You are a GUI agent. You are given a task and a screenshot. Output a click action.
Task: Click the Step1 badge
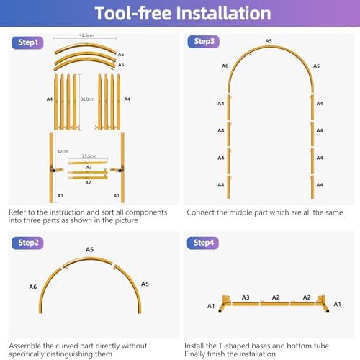coord(27,42)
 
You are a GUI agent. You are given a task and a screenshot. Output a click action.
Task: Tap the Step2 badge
coord(27,243)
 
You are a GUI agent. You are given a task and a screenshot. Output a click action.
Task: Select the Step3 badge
coord(204,42)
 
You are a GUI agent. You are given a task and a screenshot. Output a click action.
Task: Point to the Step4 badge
coord(203,243)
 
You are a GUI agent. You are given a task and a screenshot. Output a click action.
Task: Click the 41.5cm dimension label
coord(86,35)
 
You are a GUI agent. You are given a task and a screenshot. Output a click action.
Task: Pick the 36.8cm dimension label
coord(87,99)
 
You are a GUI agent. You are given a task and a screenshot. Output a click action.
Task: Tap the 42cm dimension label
coord(63,151)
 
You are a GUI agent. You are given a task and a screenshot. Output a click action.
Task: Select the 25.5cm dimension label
coord(89,156)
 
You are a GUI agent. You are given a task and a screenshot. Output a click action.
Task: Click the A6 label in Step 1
coord(121,55)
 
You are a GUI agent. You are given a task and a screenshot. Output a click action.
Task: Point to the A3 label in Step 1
coord(89,167)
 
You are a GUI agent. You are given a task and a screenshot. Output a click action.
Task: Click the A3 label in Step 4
coord(246,297)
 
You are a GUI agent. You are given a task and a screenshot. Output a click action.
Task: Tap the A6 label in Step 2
coord(33,287)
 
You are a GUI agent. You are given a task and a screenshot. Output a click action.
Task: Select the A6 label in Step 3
coord(225,66)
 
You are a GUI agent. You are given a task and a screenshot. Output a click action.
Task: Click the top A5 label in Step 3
coord(269,41)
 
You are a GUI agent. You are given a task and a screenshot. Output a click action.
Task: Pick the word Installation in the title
coord(223,13)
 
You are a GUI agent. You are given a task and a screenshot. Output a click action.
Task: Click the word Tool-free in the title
coord(133,13)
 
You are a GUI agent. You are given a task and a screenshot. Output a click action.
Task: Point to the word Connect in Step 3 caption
coord(200,212)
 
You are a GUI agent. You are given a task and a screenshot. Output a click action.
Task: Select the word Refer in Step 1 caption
coord(17,212)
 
